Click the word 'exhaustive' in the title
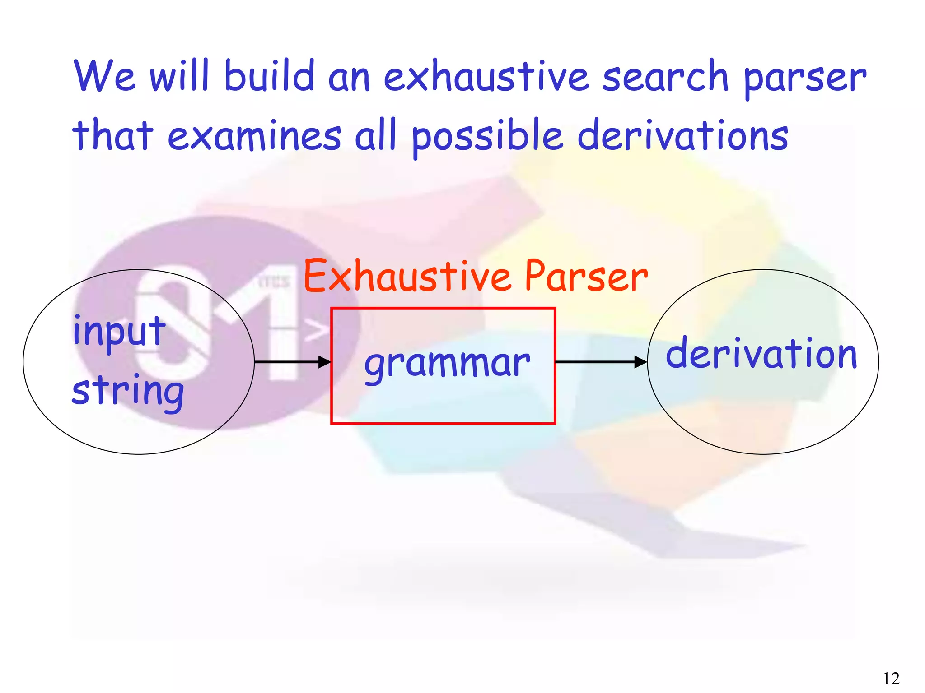(486, 77)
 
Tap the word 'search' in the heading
(665, 77)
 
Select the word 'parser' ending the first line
(804, 79)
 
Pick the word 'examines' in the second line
(254, 135)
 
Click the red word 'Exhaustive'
(407, 276)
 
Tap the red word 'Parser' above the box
(586, 276)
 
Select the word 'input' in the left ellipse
(119, 332)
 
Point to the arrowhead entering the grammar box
(325, 362)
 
